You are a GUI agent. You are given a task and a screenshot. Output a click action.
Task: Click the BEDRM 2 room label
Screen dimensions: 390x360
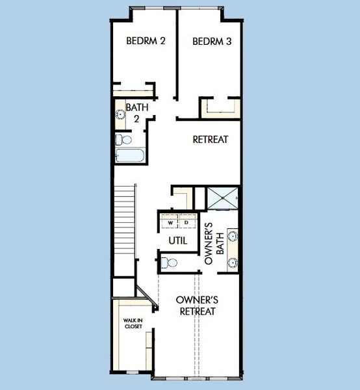pyautogui.click(x=146, y=41)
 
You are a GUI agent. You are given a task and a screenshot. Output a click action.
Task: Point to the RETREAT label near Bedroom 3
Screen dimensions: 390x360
pyautogui.click(x=211, y=140)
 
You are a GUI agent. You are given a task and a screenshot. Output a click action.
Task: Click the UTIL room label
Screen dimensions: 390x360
pyautogui.click(x=178, y=240)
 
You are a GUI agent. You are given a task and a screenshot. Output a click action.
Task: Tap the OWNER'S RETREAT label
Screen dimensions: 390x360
pyautogui.click(x=197, y=305)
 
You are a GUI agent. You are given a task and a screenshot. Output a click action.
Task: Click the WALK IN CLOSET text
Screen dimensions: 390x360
pyautogui.click(x=133, y=323)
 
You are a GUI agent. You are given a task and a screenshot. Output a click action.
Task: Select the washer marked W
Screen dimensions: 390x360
pyautogui.click(x=170, y=222)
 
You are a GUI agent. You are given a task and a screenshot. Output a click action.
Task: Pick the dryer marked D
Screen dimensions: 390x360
pyautogui.click(x=186, y=222)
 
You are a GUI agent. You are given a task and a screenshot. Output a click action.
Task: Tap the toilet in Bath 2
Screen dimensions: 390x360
pyautogui.click(x=124, y=139)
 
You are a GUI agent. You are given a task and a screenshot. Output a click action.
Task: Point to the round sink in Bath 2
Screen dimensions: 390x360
pyautogui.click(x=120, y=114)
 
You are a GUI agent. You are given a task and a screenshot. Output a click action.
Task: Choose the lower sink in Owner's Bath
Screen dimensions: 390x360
pyautogui.click(x=233, y=263)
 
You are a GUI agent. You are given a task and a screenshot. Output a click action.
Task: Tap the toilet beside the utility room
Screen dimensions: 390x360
pyautogui.click(x=169, y=263)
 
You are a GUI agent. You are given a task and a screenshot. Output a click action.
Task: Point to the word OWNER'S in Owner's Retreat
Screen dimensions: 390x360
pyautogui.click(x=197, y=300)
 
